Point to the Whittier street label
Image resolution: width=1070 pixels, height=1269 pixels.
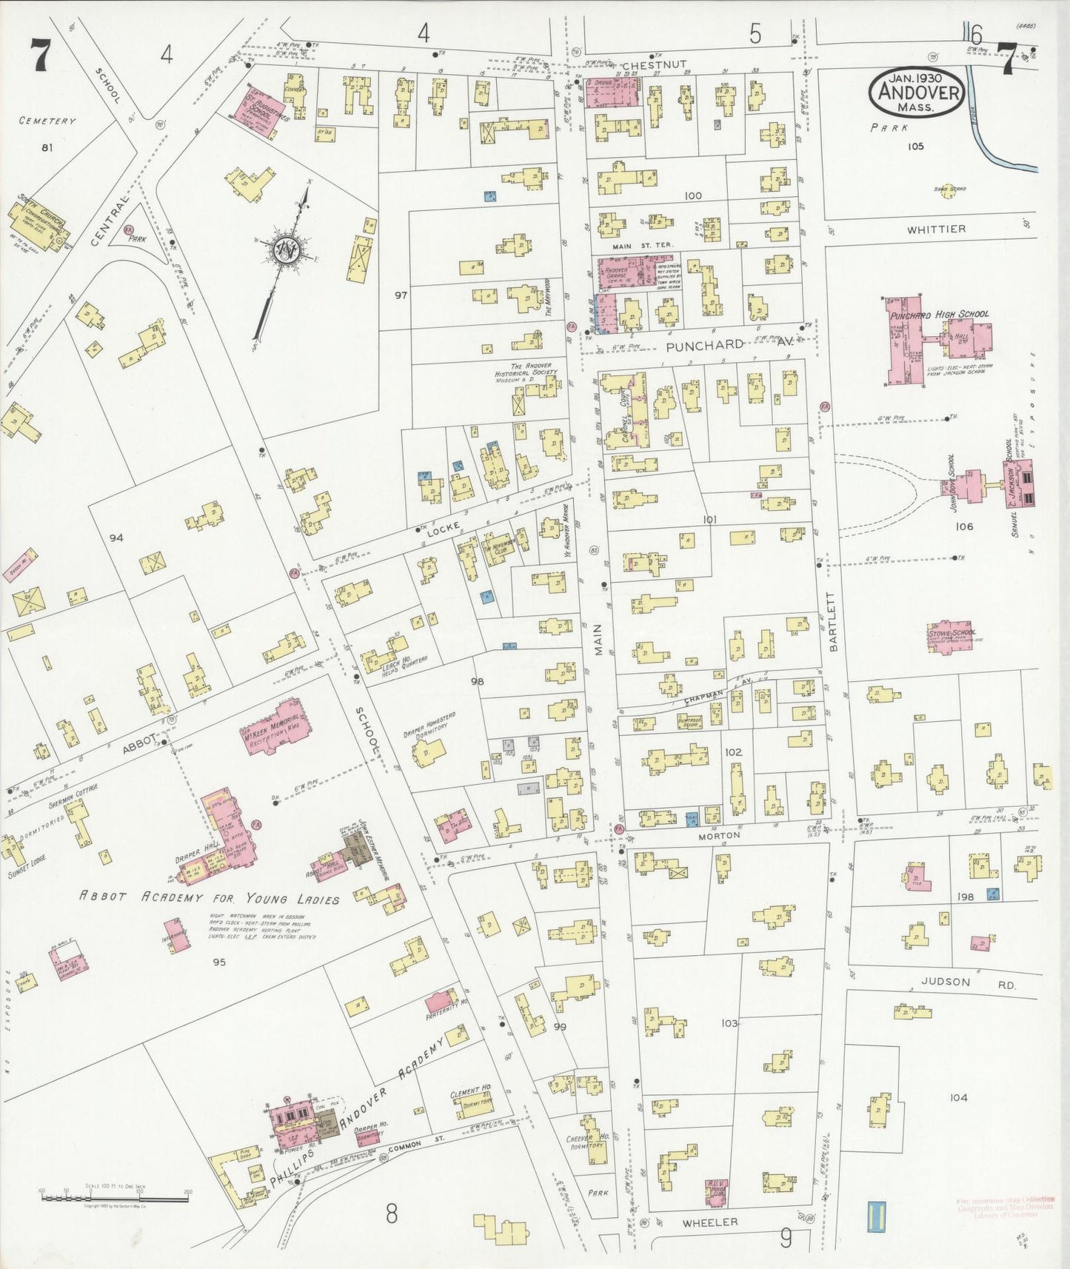tap(937, 230)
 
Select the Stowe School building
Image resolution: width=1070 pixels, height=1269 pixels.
tap(950, 637)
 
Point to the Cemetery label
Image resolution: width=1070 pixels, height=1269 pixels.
tap(47, 121)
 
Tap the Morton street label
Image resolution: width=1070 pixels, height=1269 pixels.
tap(720, 835)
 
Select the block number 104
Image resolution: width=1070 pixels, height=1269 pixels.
tap(958, 1097)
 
